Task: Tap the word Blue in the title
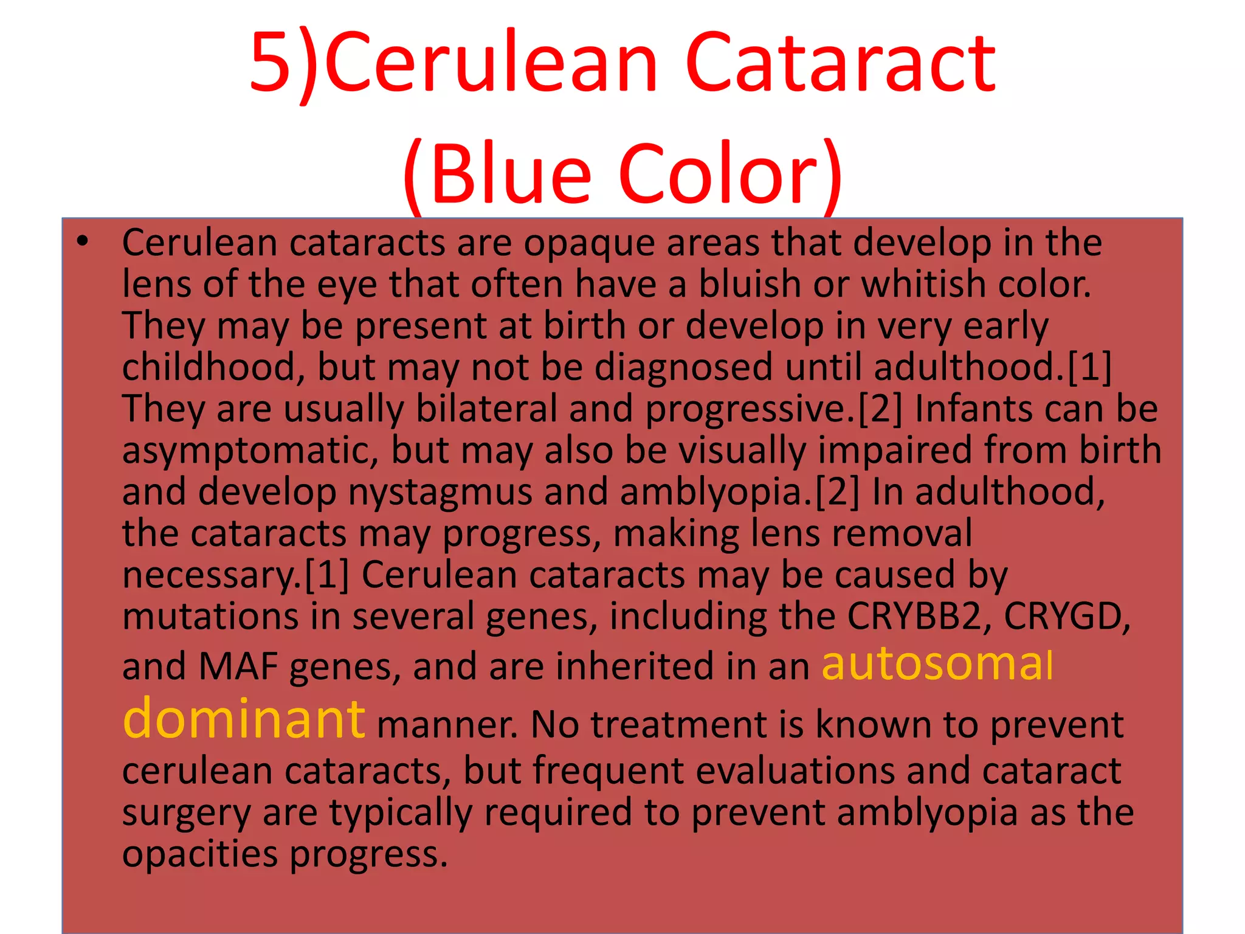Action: [x=509, y=173]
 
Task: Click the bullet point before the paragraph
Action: [x=83, y=242]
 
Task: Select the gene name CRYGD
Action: [x=1066, y=617]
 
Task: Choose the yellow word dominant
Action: [x=244, y=719]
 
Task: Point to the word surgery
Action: [x=185, y=814]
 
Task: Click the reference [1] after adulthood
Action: [x=1089, y=367]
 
